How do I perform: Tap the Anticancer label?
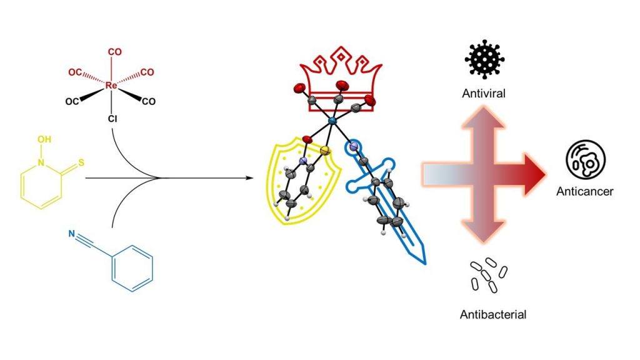pyautogui.click(x=584, y=191)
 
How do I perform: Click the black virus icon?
pyautogui.click(x=484, y=59)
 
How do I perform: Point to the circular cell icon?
pyautogui.click(x=584, y=159)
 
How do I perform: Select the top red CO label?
pyautogui.click(x=115, y=52)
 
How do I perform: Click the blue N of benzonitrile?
pyautogui.click(x=72, y=236)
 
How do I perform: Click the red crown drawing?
pyautogui.click(x=337, y=75)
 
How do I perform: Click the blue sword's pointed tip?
pyautogui.click(x=424, y=261)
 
